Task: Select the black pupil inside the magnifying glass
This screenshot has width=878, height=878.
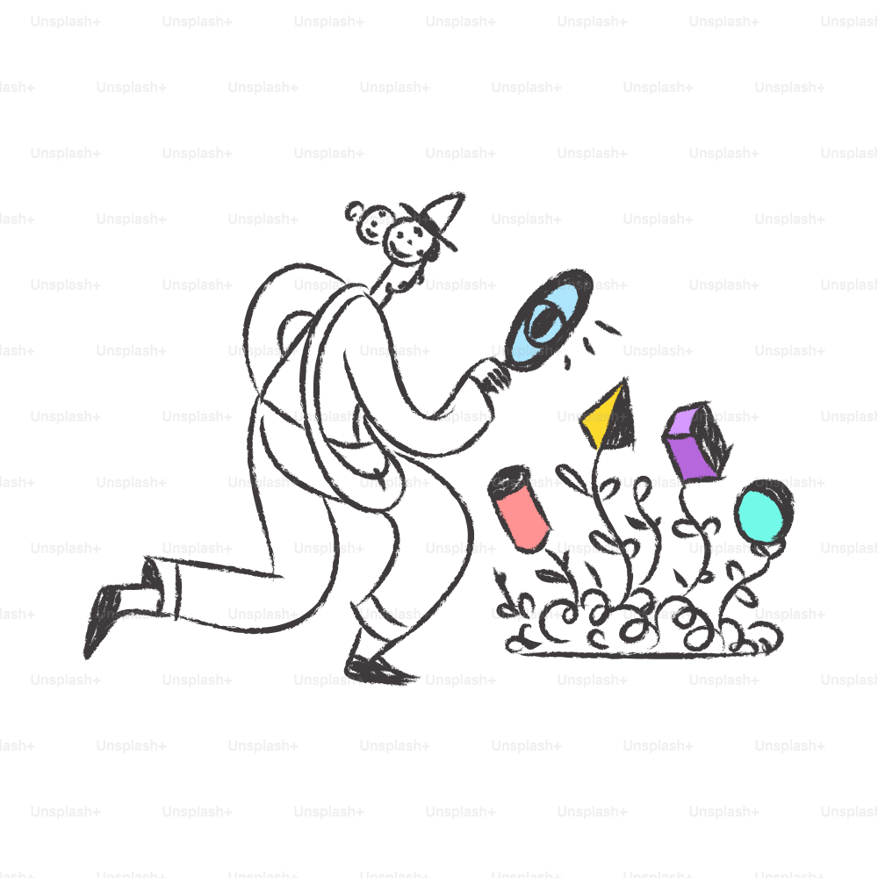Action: (543, 322)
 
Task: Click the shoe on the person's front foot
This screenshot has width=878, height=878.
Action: (378, 670)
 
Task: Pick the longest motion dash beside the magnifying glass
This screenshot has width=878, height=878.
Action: (607, 327)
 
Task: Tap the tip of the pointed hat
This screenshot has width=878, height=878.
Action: (463, 194)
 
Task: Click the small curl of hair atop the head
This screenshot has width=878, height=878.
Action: (354, 211)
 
